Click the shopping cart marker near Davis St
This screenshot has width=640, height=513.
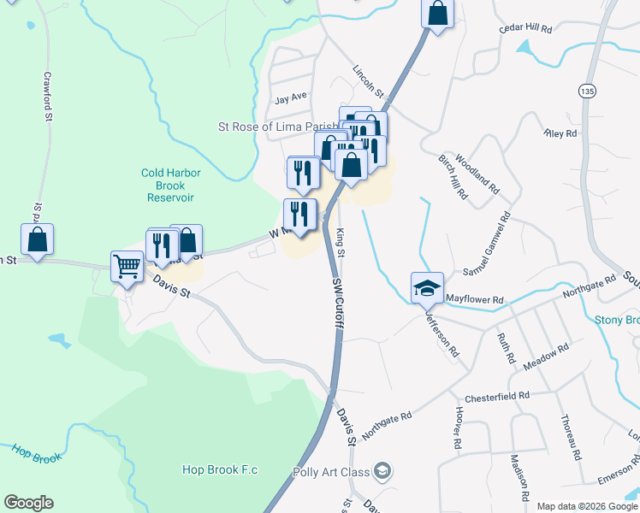click(x=127, y=266)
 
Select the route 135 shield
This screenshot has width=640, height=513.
click(x=586, y=90)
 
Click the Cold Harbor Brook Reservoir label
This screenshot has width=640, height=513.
click(x=171, y=185)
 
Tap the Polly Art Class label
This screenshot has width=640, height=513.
click(x=330, y=473)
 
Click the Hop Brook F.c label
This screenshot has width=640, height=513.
click(x=220, y=469)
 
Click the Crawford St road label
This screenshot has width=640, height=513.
click(x=49, y=95)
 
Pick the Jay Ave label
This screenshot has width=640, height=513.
click(x=290, y=98)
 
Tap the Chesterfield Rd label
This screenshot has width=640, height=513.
click(x=498, y=397)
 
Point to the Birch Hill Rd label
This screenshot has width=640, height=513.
click(x=452, y=178)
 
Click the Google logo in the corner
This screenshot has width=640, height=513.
click(x=28, y=503)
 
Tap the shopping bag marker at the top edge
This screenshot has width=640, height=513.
click(x=437, y=14)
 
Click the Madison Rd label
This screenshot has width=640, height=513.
click(x=519, y=476)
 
